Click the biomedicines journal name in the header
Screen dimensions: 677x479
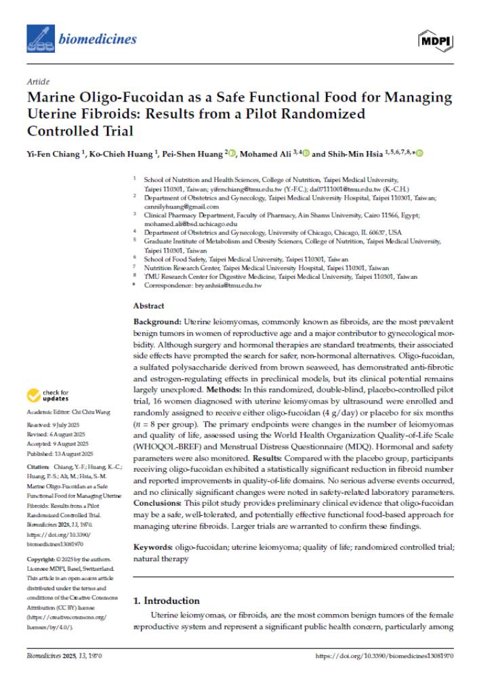pos(98,39)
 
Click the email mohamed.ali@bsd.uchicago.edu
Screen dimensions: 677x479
pos(190,223)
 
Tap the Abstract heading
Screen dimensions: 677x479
pos(148,306)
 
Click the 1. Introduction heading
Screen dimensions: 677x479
pos(166,600)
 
